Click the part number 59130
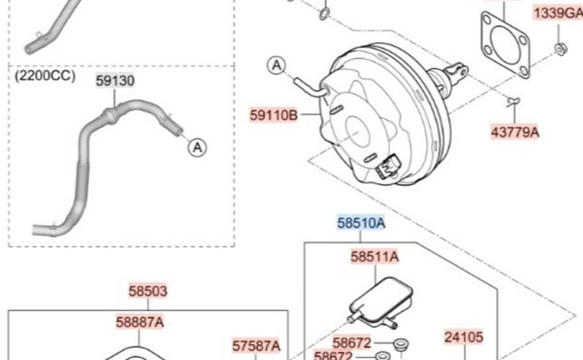(x=115, y=81)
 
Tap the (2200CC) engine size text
(x=45, y=76)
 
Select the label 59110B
(x=274, y=115)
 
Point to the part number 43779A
(x=515, y=132)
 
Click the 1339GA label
(x=558, y=14)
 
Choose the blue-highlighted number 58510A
(x=361, y=222)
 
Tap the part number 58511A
(x=375, y=256)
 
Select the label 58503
(x=148, y=291)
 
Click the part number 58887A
(x=140, y=322)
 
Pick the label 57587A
(x=256, y=346)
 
